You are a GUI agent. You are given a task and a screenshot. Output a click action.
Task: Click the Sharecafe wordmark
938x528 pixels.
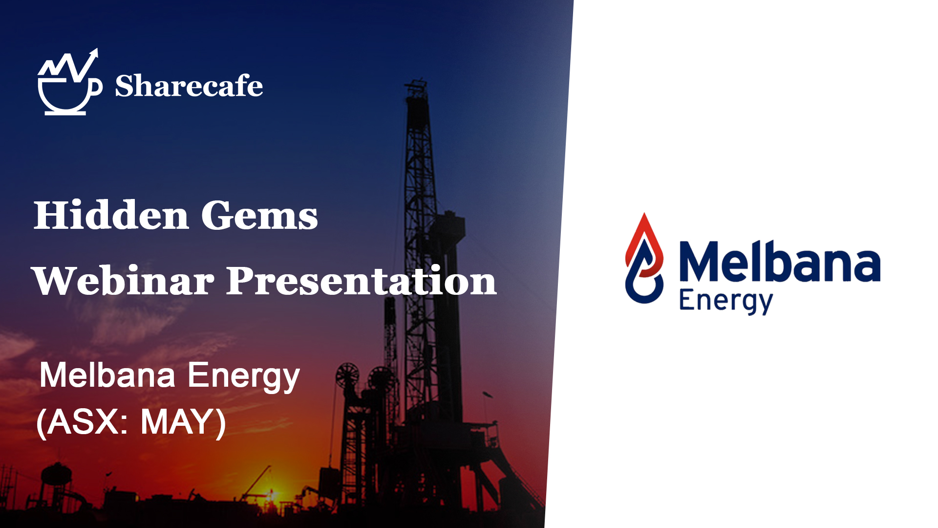(x=189, y=86)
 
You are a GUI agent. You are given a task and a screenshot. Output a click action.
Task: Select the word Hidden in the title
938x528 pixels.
(x=111, y=215)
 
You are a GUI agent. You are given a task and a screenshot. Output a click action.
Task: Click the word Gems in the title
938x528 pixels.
(x=259, y=215)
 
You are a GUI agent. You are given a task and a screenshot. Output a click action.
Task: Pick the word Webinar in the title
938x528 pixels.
(x=123, y=281)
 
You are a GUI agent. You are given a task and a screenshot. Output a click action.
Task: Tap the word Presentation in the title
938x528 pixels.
(x=362, y=281)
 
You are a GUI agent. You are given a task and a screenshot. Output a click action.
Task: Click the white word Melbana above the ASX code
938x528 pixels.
(x=107, y=375)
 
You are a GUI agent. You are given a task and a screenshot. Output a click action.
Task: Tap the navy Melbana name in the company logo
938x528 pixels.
(x=780, y=262)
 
